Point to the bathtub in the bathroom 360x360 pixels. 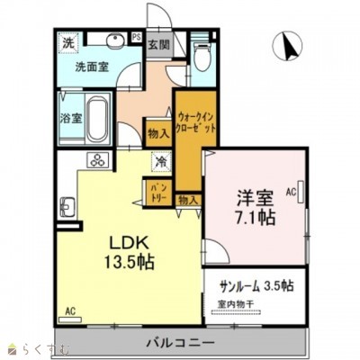coord(97,117)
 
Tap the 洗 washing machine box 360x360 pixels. coord(68,41)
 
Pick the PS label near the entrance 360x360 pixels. coord(136,37)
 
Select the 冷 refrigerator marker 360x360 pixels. coord(158,163)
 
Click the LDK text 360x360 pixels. coord(127,243)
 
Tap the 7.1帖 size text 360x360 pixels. coord(256,218)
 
